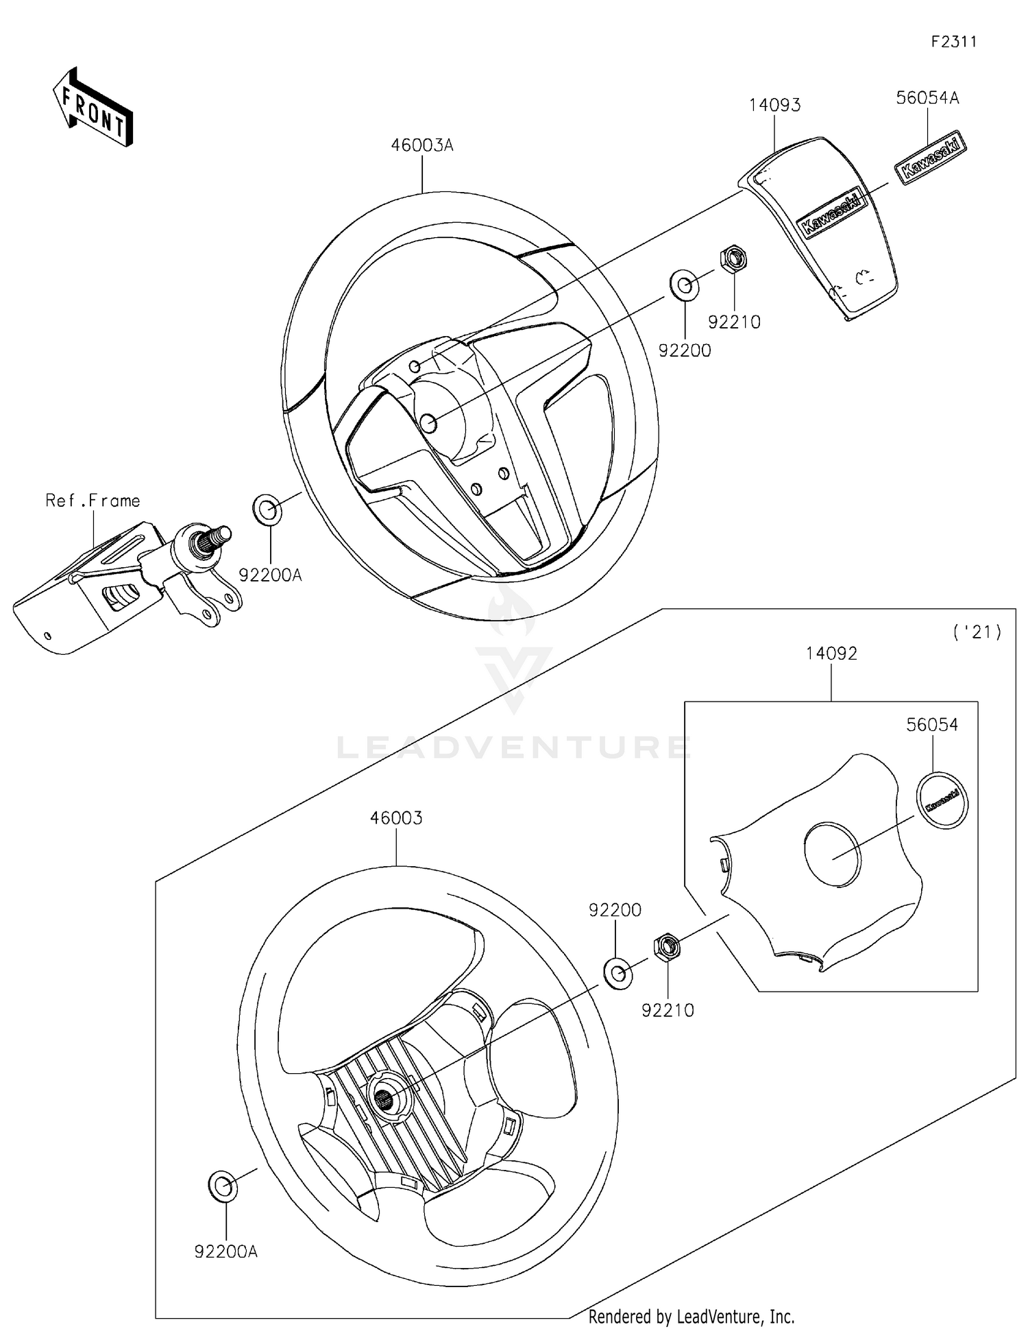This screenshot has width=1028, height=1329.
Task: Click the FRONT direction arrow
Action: point(93,108)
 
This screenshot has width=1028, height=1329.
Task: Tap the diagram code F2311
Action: point(953,42)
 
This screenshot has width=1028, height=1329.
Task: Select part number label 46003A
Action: point(422,145)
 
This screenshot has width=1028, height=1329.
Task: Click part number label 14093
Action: point(774,105)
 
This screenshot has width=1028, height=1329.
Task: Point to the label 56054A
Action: point(927,98)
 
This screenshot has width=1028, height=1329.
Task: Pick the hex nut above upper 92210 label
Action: point(733,259)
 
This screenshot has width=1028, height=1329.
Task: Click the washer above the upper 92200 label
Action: point(683,285)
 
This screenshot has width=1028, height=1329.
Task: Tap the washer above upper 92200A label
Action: point(268,510)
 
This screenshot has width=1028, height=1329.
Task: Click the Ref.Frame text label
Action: point(93,501)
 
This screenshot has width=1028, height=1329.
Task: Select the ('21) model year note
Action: point(977,632)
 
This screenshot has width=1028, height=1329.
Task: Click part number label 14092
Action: point(831,654)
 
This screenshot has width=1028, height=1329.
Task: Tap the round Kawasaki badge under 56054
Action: point(942,800)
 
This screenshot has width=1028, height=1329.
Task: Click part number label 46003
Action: point(396,818)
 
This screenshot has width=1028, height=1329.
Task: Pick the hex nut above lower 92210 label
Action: point(666,948)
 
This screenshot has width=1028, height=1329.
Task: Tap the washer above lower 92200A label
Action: point(223,1186)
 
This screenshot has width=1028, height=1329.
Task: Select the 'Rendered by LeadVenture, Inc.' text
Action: point(691,1317)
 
